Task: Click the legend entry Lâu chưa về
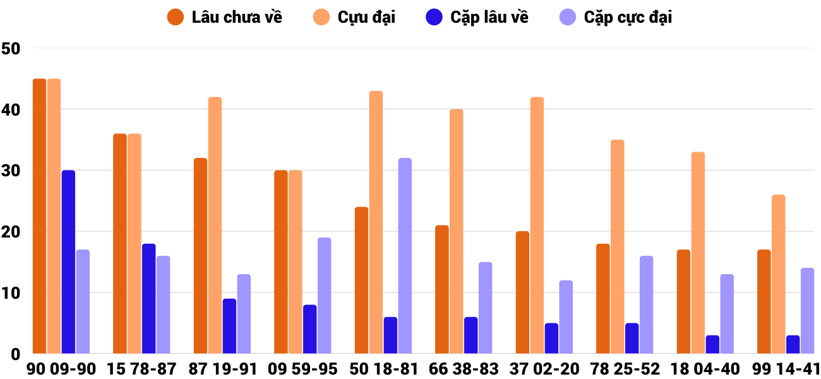pos(225,17)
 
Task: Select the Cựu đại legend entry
pos(355,17)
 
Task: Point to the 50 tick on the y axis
pos(11,49)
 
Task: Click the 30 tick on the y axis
pos(11,171)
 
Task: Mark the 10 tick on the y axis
pos(11,293)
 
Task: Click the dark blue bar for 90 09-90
pos(68,262)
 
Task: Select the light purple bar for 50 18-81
pos(405,256)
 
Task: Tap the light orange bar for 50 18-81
pos(376,222)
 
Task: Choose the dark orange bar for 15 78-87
pos(120,244)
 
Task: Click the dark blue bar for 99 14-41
pos(793,344)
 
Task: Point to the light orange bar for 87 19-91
pos(215,226)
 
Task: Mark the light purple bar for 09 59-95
pos(324,296)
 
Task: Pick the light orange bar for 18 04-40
pos(698,253)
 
